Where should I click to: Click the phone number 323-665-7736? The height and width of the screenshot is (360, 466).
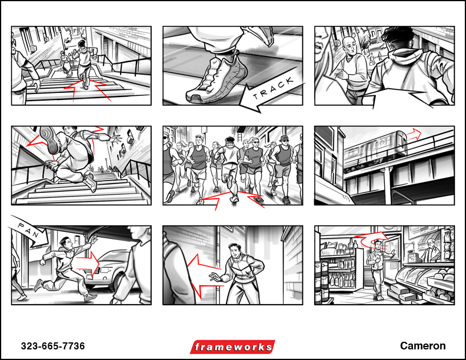[x=53, y=346]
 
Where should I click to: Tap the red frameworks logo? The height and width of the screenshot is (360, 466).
[x=232, y=347]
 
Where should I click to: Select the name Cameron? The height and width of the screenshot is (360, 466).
[x=422, y=346]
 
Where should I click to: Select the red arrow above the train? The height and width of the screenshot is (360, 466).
[x=414, y=135]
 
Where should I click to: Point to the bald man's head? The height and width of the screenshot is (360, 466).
[x=349, y=45]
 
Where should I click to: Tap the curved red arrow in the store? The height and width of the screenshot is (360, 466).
[x=372, y=239]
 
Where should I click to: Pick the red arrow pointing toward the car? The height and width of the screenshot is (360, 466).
[x=88, y=263]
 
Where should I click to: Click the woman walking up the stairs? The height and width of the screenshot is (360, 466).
[x=66, y=64]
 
